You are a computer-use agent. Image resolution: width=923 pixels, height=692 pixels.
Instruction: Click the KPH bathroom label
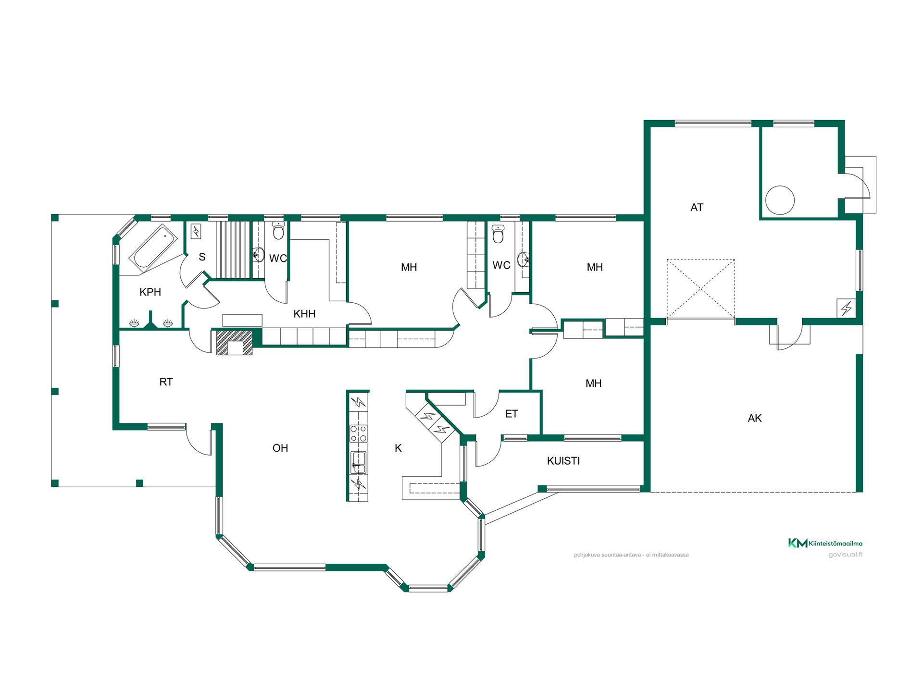point(150,292)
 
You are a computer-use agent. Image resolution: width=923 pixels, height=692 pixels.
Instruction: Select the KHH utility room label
point(304,314)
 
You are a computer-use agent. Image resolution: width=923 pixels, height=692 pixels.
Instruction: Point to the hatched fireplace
point(234,342)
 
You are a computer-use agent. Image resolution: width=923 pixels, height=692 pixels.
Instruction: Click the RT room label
point(166,382)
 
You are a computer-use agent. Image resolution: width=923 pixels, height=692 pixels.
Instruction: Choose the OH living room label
point(280,448)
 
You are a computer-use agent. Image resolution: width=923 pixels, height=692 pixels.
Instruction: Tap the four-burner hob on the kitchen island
point(358,433)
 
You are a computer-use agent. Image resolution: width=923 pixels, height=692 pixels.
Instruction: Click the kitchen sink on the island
point(358,462)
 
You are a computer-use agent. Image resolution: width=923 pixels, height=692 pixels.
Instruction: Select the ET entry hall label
point(511,414)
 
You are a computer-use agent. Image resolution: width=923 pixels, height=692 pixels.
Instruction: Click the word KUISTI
point(563,461)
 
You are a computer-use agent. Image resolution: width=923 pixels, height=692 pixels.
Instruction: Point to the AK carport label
point(755,418)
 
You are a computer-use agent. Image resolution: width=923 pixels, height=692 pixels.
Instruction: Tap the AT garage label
point(697,208)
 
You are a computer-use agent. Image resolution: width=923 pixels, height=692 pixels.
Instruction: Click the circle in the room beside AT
point(780,200)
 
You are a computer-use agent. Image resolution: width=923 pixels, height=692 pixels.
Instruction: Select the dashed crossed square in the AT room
point(700,289)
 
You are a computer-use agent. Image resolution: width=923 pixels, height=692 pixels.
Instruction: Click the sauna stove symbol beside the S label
point(196,232)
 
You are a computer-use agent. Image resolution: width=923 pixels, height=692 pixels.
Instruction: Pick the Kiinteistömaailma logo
point(825,543)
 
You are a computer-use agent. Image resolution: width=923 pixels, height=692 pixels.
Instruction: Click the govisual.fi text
point(845,555)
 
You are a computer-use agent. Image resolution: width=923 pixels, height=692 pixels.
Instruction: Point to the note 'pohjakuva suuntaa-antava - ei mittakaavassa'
point(631,555)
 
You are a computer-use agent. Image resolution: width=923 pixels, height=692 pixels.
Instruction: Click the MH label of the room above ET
point(593,383)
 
